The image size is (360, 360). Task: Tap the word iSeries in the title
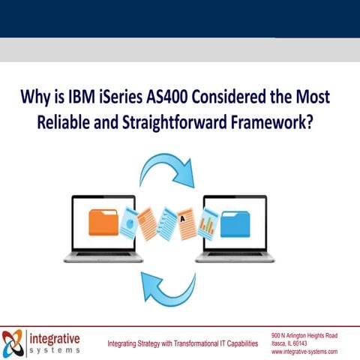(x=127, y=97)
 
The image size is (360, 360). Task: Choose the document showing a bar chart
(x=208, y=222)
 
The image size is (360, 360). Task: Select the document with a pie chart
(x=130, y=223)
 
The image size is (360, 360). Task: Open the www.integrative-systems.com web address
(x=304, y=351)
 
